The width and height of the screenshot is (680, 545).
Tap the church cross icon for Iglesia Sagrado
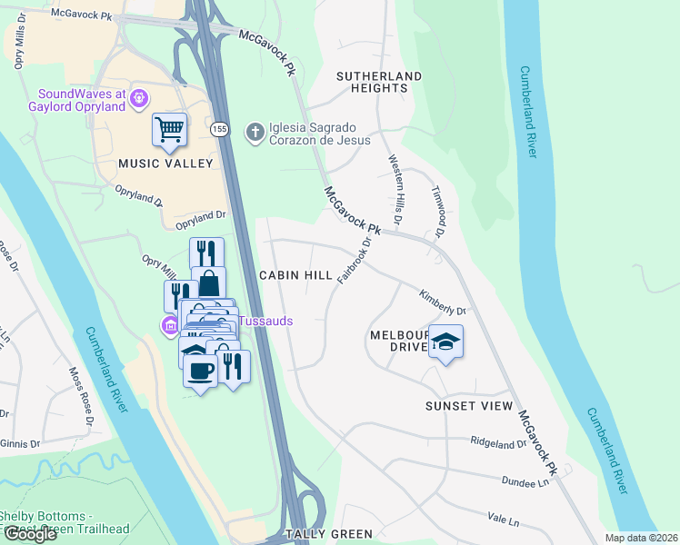point(255,132)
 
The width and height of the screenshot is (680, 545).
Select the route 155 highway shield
point(219,130)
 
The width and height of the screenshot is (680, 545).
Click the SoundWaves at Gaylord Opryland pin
point(139,97)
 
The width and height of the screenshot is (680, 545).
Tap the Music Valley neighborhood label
point(165,163)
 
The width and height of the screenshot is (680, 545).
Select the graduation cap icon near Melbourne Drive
point(445,342)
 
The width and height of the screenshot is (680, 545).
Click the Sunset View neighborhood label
point(469,406)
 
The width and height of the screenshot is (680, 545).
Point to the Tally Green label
point(328,534)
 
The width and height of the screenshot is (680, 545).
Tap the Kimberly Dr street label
point(442,303)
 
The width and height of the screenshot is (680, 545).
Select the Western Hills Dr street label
point(395,189)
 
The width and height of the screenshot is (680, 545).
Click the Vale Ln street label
point(503,521)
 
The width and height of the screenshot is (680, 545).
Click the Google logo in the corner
point(30,534)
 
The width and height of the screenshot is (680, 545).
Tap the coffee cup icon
point(199,371)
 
